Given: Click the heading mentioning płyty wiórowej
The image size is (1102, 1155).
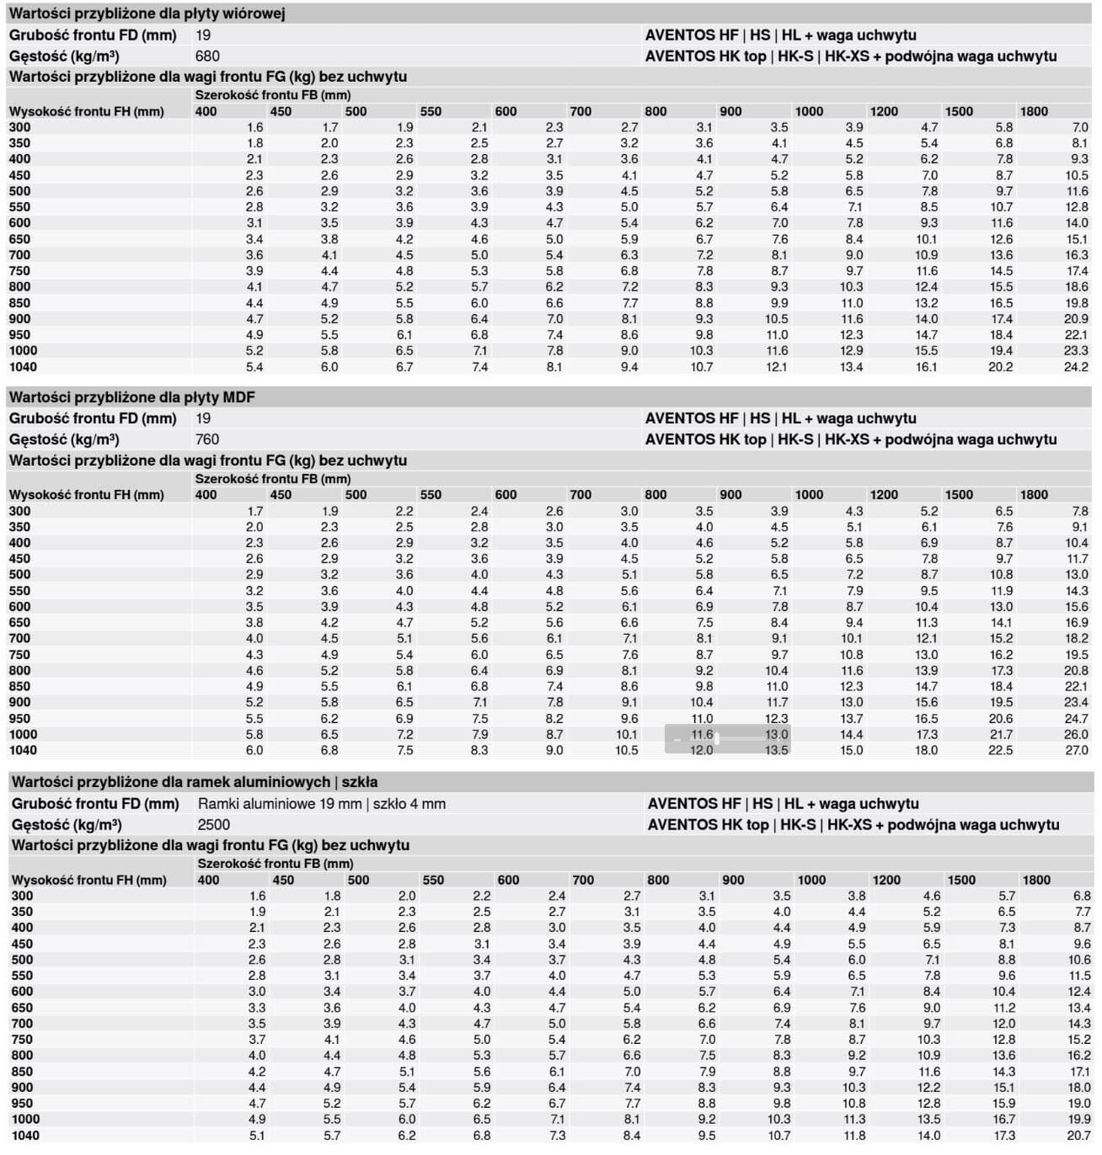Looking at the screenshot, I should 147,14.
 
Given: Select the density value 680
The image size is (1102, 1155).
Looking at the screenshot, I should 206,56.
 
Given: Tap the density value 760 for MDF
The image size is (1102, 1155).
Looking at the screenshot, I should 206,439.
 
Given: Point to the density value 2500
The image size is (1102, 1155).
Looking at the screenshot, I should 213,824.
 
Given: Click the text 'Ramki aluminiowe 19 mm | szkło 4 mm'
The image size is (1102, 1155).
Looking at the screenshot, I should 321,804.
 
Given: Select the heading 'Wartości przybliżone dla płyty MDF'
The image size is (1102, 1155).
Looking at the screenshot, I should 131,397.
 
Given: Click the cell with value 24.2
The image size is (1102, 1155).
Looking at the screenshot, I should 1076,367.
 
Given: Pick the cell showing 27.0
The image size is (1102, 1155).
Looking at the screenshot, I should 1076,750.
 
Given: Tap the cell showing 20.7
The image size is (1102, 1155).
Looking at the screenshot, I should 1078,1136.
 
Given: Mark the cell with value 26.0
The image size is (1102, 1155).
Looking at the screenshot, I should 1076,734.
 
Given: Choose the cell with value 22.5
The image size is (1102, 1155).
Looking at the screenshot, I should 1000,750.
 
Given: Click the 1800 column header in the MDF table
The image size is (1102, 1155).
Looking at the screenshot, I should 1034,495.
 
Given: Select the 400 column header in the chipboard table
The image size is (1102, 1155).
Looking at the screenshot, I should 206,111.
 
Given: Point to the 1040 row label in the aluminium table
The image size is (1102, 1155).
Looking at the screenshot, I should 25,1136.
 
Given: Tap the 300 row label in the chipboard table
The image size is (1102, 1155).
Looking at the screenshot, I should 19,127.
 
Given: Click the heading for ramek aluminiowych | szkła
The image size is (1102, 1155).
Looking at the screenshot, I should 194,782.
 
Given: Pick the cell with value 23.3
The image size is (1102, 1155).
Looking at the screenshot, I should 1076,351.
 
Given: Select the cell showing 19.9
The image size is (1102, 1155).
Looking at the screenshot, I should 1078,1120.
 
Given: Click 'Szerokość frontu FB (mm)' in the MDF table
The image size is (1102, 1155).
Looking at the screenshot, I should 273,479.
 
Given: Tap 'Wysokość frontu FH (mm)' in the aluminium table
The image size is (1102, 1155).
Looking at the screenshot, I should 88,881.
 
